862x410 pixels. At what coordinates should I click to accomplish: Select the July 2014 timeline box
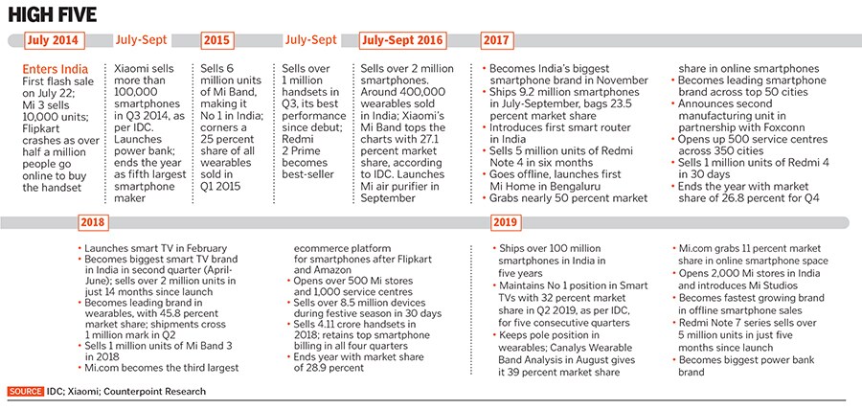(54, 40)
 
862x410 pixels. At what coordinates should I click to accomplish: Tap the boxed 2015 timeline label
(217, 40)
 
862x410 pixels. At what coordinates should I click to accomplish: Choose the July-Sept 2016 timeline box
(402, 40)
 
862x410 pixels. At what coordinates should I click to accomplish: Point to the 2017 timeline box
(496, 40)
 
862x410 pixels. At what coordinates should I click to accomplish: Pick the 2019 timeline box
(506, 222)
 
